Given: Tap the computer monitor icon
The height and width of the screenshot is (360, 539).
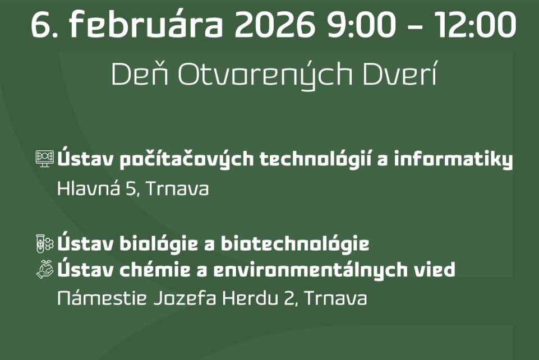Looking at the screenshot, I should tap(45, 159).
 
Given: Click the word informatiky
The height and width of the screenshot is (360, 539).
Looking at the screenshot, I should tap(454, 160).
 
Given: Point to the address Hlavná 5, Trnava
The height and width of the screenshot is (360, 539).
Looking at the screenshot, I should tap(133, 188).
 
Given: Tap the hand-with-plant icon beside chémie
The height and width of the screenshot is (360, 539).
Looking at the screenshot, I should tap(45, 270).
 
